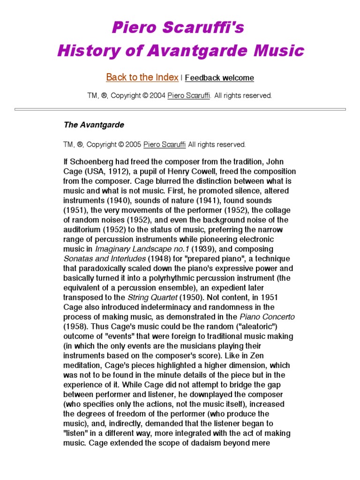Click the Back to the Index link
142,77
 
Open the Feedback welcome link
219,78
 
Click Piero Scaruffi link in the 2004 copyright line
189,96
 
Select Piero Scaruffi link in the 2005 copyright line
165,144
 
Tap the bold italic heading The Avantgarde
94,125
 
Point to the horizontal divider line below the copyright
180,109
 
